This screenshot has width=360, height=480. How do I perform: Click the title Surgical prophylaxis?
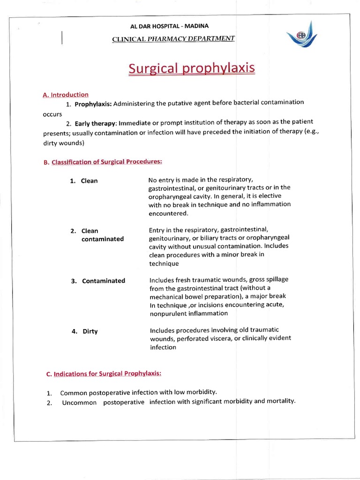click(192, 68)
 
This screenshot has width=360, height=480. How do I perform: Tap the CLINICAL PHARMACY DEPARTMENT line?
click(173, 38)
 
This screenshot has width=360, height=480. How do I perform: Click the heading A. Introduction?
click(65, 95)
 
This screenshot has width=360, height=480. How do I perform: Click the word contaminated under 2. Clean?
click(103, 239)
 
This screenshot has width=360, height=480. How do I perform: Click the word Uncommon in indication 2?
click(79, 402)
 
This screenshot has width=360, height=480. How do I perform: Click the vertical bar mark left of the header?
click(62, 37)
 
